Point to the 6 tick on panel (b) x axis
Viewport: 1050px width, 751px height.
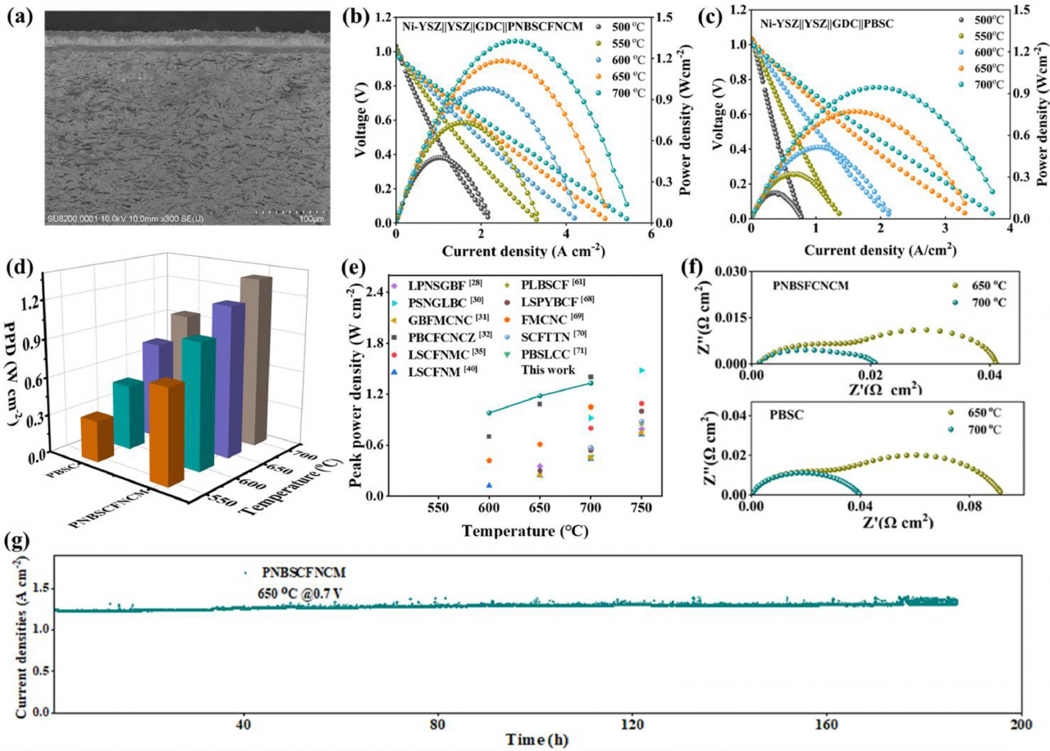651,235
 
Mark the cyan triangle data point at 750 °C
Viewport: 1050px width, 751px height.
641,371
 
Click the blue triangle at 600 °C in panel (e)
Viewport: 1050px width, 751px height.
490,486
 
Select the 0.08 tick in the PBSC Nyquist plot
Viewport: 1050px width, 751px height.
969,507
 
